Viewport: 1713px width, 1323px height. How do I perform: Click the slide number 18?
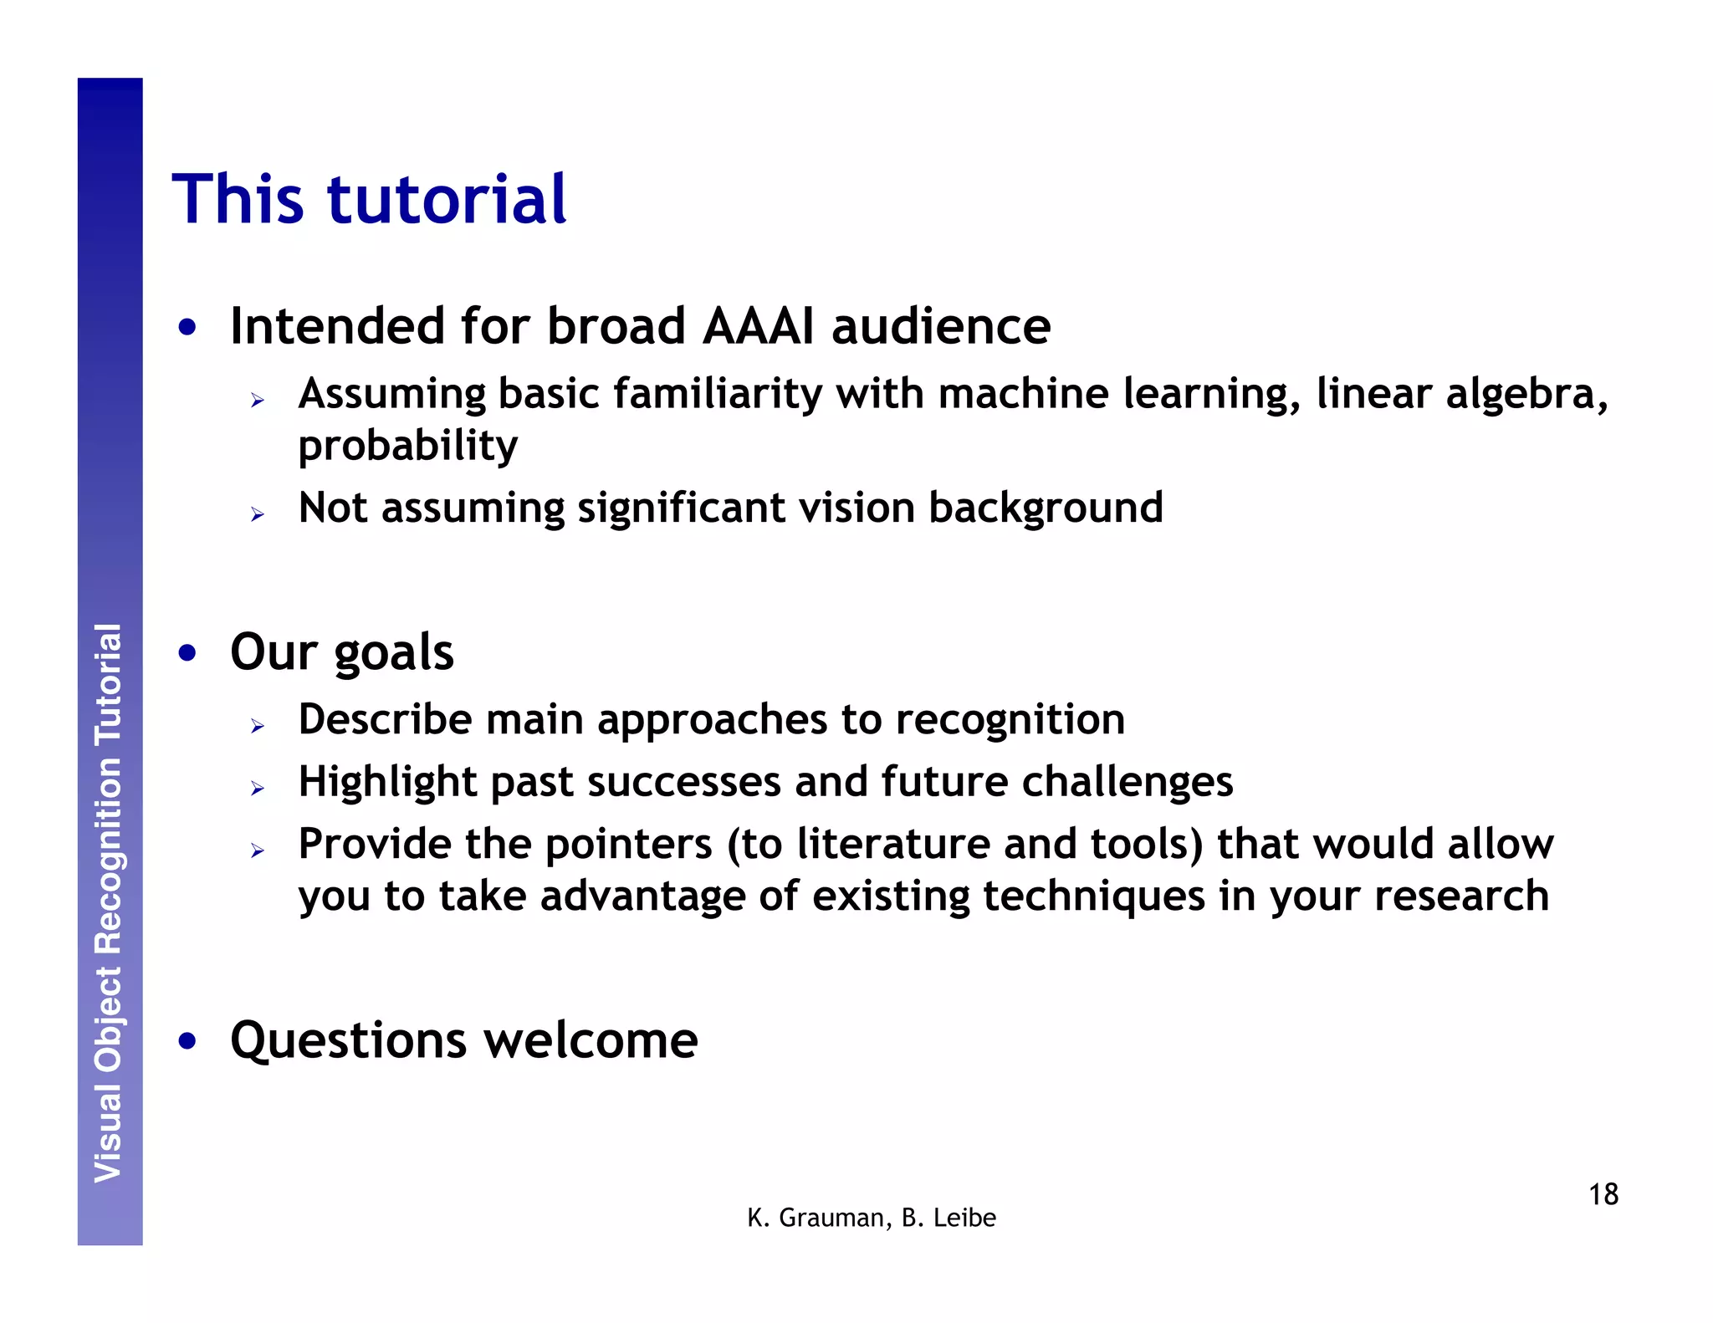[x=1603, y=1194]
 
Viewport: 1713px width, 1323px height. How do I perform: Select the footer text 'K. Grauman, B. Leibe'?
[x=871, y=1218]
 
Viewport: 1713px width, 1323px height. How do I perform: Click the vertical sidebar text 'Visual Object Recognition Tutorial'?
[x=109, y=903]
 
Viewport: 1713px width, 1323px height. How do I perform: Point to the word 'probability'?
[x=407, y=446]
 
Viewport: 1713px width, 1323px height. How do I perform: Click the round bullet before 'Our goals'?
[x=187, y=653]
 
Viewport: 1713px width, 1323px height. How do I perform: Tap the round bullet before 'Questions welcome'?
[x=187, y=1041]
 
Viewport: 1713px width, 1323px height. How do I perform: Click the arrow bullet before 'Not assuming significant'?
[x=258, y=514]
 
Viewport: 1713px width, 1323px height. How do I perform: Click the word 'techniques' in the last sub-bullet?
[x=1093, y=896]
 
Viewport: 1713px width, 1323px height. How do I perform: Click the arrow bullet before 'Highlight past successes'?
[x=258, y=788]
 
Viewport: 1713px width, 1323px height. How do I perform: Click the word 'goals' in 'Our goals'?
[x=393, y=653]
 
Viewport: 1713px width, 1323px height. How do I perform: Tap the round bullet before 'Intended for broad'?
[x=187, y=327]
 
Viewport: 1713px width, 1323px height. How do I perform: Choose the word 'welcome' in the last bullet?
[x=591, y=1041]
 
